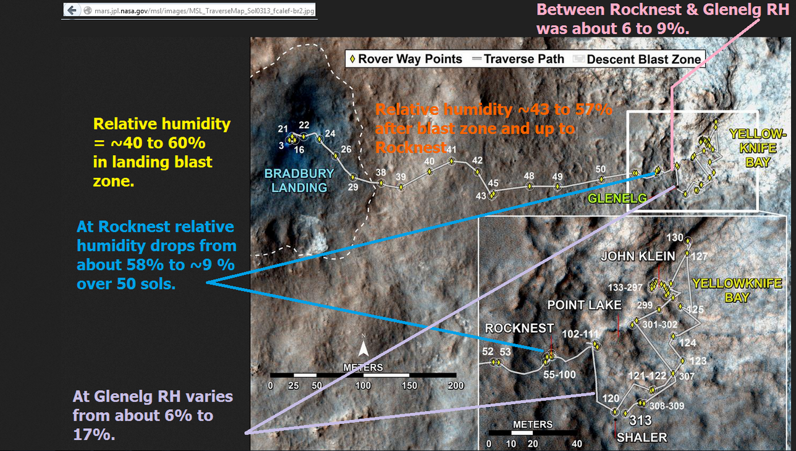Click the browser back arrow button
[x=72, y=11]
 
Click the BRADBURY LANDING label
[x=299, y=180]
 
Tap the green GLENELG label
[x=617, y=198]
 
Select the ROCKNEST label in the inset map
[x=519, y=328]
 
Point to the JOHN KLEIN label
[x=638, y=256]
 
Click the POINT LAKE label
[x=584, y=305]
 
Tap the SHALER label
[x=641, y=437]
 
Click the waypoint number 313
[x=640, y=421]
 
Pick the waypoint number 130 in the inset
[x=674, y=237]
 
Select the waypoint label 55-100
[x=559, y=374]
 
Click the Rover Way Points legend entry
[x=406, y=59]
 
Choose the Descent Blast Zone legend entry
[x=637, y=59]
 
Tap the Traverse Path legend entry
[x=518, y=59]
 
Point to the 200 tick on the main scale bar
[x=455, y=386]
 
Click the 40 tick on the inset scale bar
[x=577, y=444]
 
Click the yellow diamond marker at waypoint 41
[x=451, y=161]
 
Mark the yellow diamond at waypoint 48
[x=530, y=186]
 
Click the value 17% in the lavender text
[x=94, y=434]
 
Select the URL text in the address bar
[x=204, y=11]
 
